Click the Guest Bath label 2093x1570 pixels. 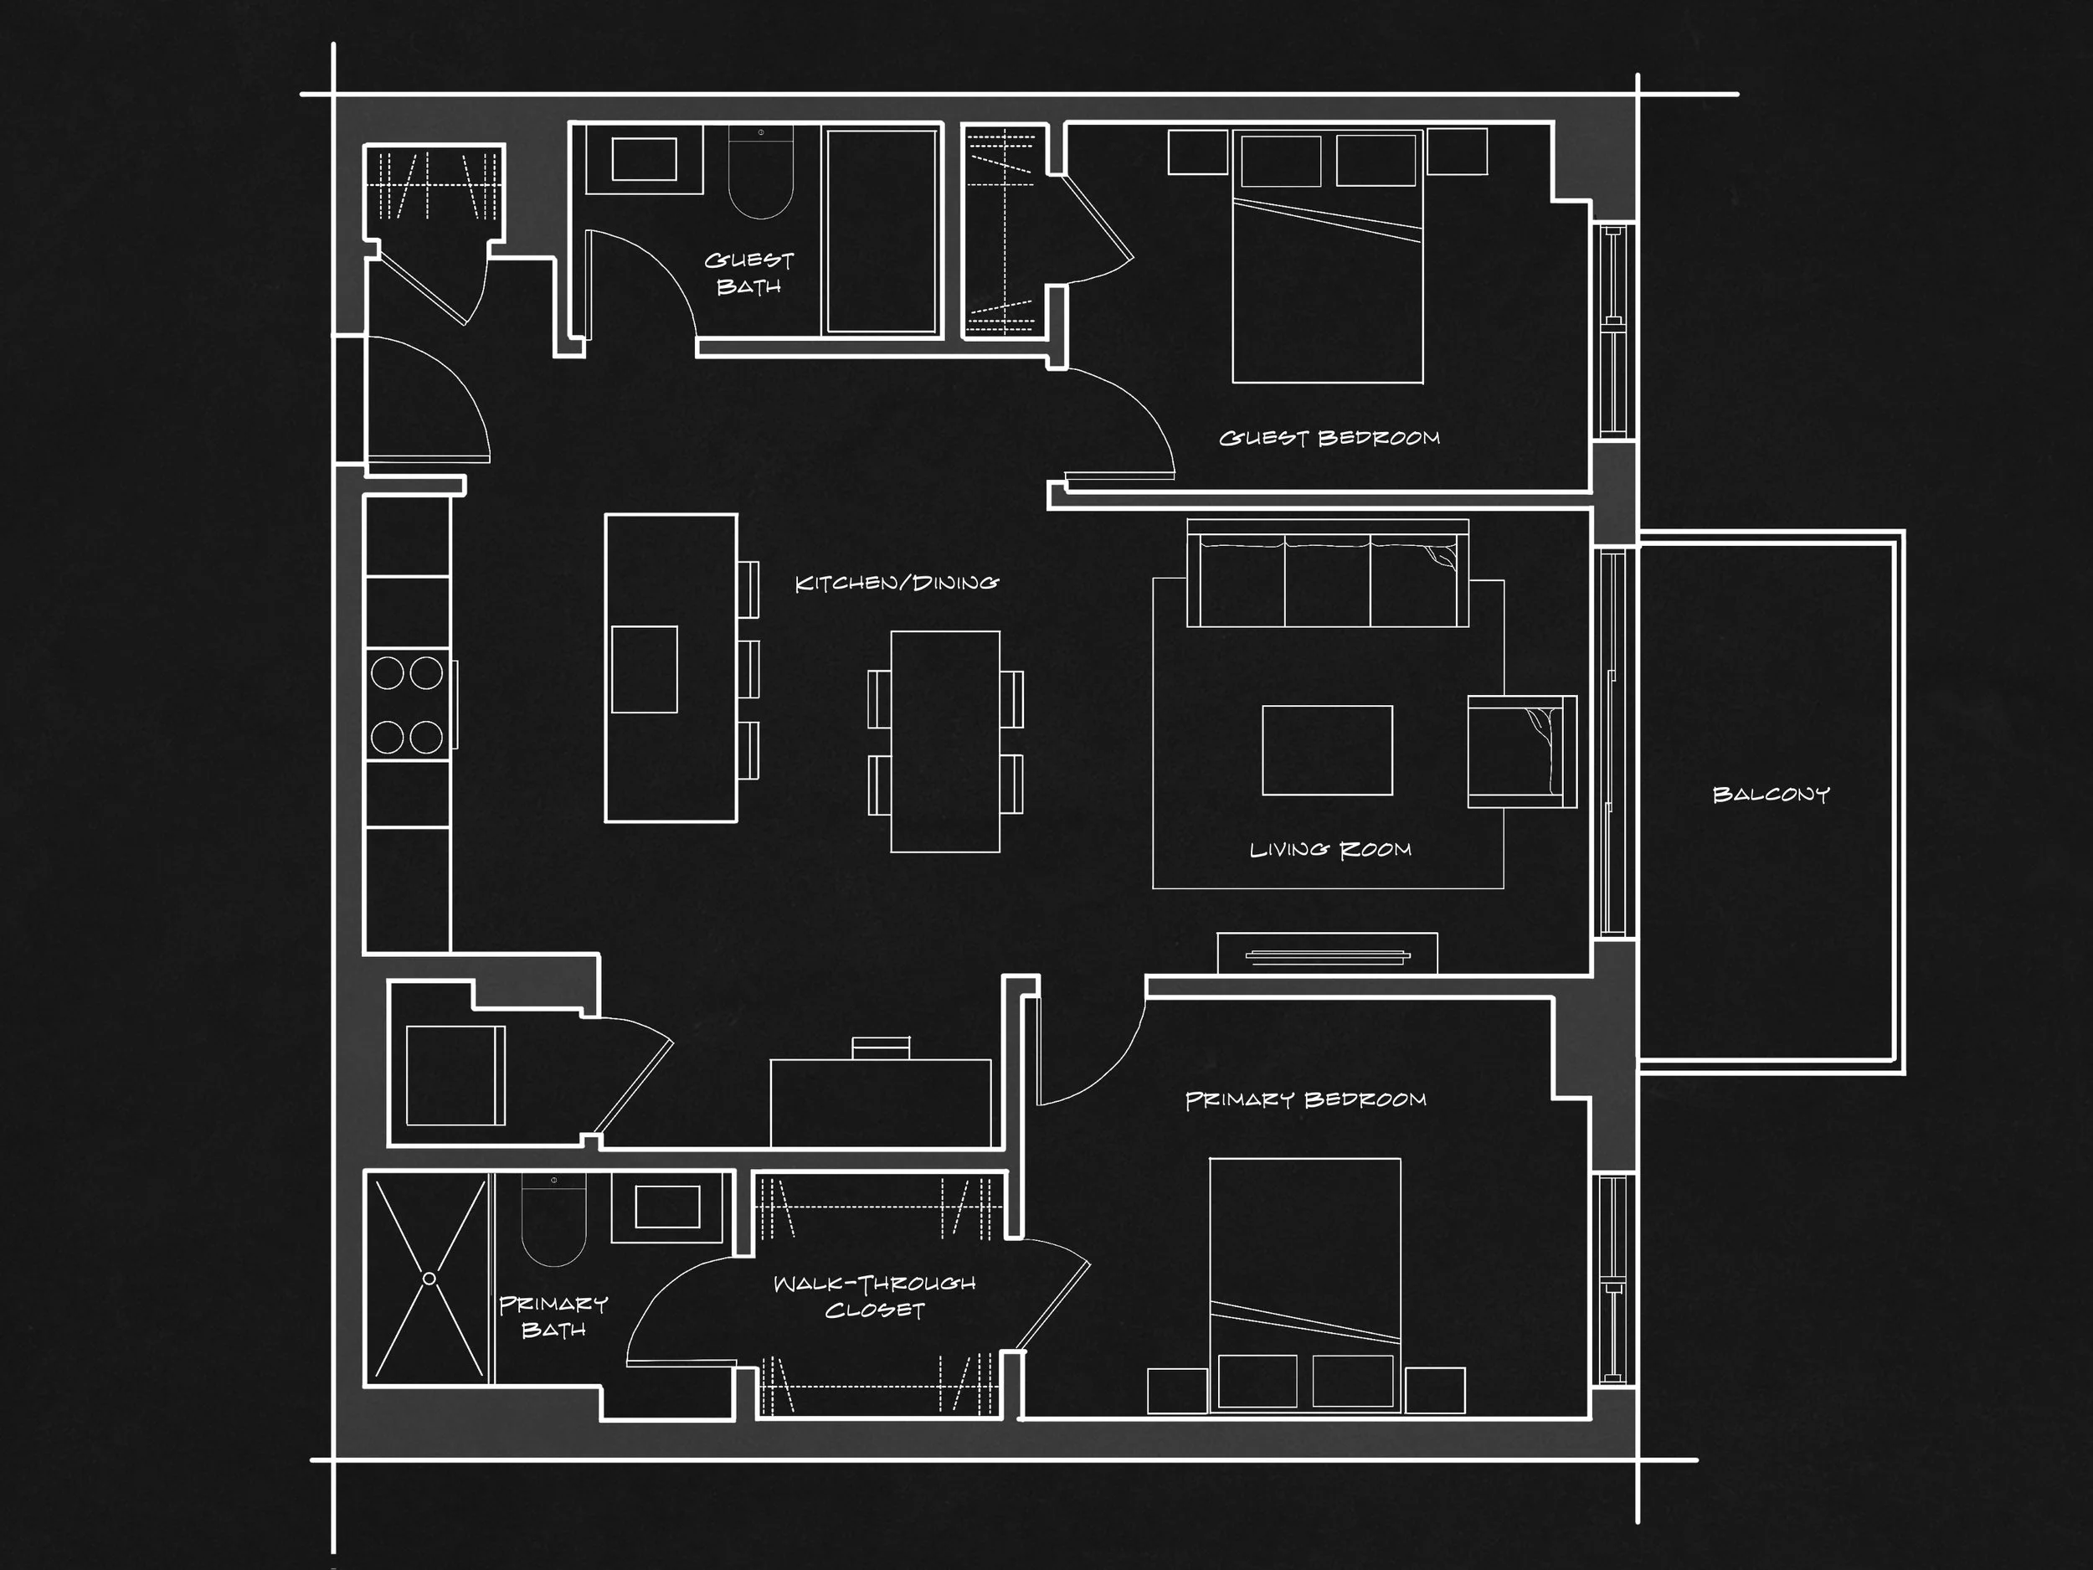coord(748,272)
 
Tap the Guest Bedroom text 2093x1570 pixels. coord(1329,438)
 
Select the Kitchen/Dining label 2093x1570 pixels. coord(896,583)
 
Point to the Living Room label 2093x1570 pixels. coord(1329,850)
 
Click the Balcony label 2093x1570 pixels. coord(1771,795)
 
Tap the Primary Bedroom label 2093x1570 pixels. coord(1305,1099)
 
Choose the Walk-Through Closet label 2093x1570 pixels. coord(873,1296)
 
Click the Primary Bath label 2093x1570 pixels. coord(553,1316)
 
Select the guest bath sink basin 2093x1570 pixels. coord(644,159)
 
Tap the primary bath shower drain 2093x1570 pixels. coord(429,1279)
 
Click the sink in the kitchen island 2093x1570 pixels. coord(645,669)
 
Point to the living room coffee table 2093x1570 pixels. coord(1327,750)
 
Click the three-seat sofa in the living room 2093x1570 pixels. coord(1327,579)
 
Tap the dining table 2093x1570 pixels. coord(944,742)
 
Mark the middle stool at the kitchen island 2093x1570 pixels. coord(748,669)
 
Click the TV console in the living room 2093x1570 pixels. coord(1327,954)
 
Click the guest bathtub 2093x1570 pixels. coord(881,231)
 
